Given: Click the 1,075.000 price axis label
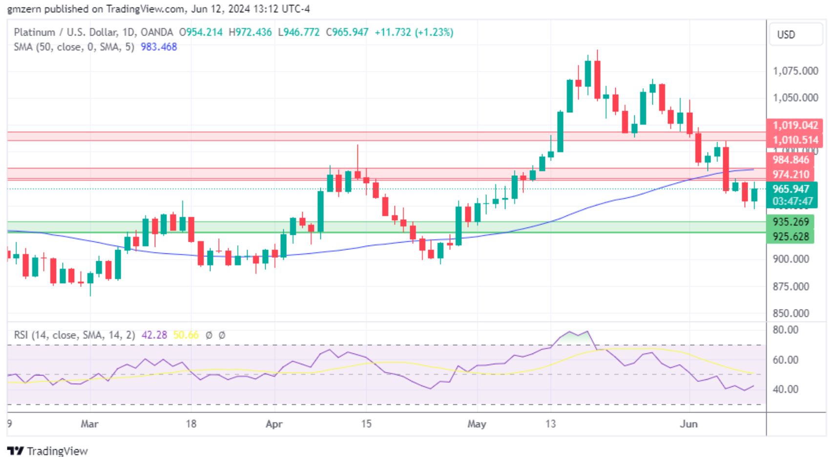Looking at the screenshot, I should (x=795, y=71).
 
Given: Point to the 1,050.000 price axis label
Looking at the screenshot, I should (x=795, y=98).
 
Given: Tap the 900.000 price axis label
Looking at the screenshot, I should (x=791, y=259).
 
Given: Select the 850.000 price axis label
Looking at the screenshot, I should (x=791, y=313).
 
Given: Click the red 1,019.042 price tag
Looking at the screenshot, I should (x=794, y=125).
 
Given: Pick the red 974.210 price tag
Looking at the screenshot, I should (x=791, y=174).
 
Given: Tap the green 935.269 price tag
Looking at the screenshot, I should (x=791, y=222).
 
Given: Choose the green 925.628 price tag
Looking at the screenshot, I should (x=791, y=237).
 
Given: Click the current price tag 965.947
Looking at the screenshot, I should (x=791, y=189).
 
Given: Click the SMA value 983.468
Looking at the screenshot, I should (x=159, y=47).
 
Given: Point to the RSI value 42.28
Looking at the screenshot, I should (x=154, y=335).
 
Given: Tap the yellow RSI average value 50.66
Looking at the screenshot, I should (x=186, y=335).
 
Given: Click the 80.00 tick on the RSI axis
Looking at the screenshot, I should (x=785, y=330).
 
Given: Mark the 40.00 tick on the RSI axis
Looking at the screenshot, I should (x=785, y=389).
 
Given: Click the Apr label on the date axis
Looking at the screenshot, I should (x=274, y=424).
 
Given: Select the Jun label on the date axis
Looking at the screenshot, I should (x=689, y=424).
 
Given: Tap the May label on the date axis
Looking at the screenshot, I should (x=477, y=424).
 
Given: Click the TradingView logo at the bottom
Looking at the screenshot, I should (x=47, y=451).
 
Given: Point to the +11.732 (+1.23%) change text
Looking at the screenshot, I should (x=414, y=32).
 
